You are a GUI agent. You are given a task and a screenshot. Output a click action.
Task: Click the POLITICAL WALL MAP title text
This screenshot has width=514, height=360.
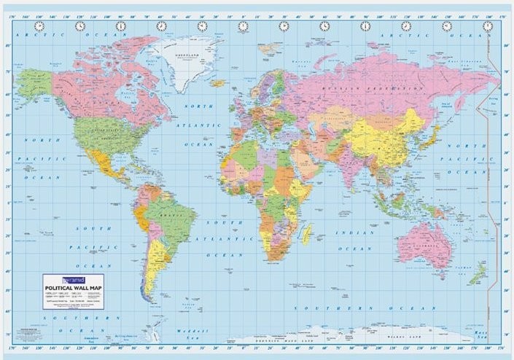(76, 286)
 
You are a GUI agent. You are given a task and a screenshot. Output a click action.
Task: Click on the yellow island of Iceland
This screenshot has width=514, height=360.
(217, 83)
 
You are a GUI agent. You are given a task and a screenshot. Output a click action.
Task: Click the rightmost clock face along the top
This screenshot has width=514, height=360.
(487, 26)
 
